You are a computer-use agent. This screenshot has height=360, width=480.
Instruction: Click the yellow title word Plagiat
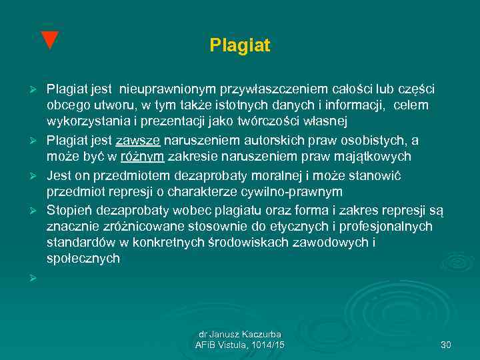(239, 45)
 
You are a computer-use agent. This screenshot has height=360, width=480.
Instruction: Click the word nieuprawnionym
(167, 89)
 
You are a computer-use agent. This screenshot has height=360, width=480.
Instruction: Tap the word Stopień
(67, 209)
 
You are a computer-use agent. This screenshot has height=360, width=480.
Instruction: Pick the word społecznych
(83, 259)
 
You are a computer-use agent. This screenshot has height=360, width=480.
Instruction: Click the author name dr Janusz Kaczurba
(239, 334)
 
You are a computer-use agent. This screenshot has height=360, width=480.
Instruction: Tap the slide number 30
(446, 345)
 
